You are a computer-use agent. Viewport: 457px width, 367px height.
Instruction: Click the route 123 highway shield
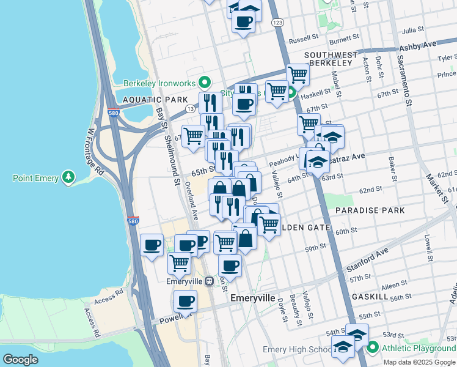(278, 22)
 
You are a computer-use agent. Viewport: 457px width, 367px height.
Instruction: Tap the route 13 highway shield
(191, 108)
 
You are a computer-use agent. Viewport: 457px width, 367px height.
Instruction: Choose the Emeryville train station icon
(209, 281)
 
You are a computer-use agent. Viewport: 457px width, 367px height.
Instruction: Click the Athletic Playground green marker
(372, 349)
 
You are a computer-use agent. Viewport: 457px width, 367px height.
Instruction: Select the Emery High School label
(297, 349)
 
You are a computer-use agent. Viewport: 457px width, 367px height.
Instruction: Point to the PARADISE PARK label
(370, 210)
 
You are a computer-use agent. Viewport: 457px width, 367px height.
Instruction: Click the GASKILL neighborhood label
(370, 296)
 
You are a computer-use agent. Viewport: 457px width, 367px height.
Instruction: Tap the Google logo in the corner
(21, 359)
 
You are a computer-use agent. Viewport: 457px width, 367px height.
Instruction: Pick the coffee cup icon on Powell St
(185, 301)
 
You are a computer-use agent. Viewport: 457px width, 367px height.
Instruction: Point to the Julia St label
(413, 29)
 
